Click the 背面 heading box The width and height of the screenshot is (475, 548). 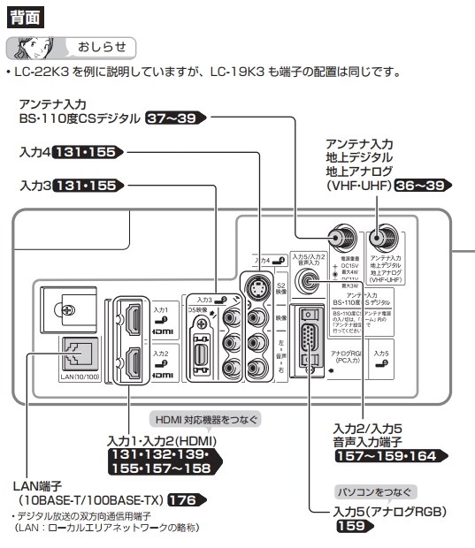point(27,13)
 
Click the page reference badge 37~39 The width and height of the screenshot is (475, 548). point(172,117)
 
